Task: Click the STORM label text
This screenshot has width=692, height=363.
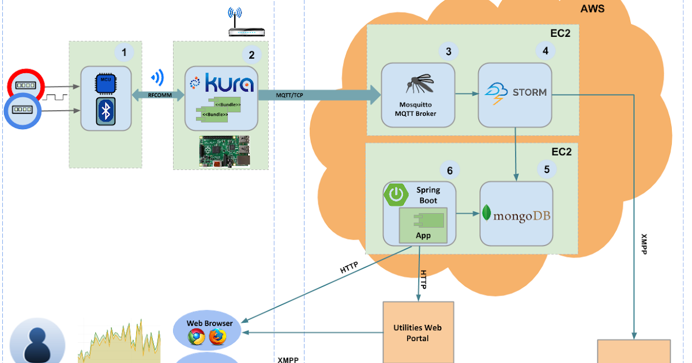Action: [x=529, y=92]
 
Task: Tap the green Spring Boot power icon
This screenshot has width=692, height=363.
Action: [x=396, y=195]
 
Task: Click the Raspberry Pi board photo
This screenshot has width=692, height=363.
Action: [x=225, y=152]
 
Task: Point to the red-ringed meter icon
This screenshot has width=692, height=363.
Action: [x=25, y=85]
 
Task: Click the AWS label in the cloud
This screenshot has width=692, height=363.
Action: [x=592, y=9]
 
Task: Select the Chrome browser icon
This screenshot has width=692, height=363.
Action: [x=196, y=338]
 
